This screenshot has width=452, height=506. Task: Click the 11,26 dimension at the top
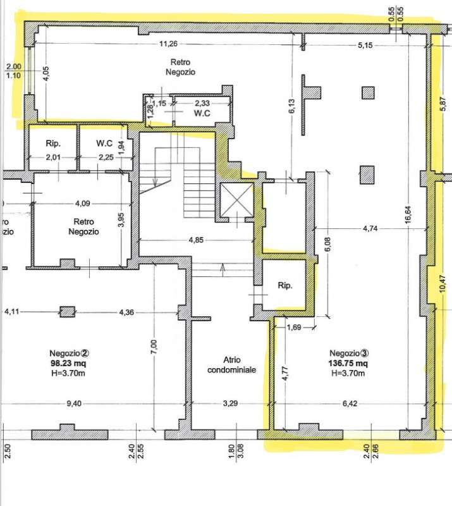coord(168,44)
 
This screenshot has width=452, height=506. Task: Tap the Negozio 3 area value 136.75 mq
coord(348,363)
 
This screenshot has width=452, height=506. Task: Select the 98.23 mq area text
coord(68,363)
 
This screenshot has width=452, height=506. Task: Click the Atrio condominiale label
coord(231,365)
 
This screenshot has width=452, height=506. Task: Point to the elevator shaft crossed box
coord(237,199)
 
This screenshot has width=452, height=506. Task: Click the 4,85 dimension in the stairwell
coord(196,240)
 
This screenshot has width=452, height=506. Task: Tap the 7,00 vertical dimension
coord(154,346)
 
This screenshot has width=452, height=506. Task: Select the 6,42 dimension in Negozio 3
coord(350,404)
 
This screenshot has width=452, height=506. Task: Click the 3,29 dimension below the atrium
coord(230,404)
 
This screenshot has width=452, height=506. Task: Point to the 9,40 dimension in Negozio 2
coord(74,404)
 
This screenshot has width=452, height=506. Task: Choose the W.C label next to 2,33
coord(202,113)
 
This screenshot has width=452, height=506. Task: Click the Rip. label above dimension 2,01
coord(53,144)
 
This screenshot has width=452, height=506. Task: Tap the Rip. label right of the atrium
coord(285,286)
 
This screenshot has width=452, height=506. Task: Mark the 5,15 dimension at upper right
coord(365,45)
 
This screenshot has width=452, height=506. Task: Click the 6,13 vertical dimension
coord(292,106)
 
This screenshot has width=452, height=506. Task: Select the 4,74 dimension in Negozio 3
coord(370,228)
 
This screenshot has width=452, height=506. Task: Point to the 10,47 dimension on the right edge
coord(443,283)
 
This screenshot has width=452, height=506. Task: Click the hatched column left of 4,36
coord(68,312)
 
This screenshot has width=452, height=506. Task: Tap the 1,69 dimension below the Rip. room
coord(294,328)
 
